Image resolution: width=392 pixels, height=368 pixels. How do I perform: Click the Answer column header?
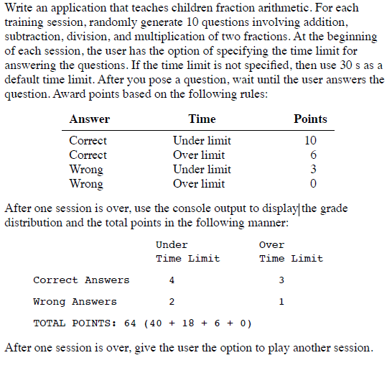click(x=89, y=119)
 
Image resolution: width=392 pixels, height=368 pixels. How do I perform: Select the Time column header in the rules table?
click(x=202, y=119)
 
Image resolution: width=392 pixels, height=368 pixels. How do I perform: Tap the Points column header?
click(x=310, y=119)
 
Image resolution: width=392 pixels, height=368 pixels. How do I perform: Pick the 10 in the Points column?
click(x=311, y=141)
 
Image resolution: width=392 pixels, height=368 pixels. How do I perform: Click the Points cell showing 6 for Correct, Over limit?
click(x=311, y=155)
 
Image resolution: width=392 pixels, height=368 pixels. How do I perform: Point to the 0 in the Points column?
click(x=311, y=184)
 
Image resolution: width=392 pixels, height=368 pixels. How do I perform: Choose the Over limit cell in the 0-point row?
click(x=199, y=184)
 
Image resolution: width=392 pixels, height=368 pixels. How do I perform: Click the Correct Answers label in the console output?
click(x=81, y=280)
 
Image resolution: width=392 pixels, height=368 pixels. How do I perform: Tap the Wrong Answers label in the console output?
click(x=75, y=302)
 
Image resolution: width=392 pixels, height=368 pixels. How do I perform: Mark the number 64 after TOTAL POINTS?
click(x=131, y=323)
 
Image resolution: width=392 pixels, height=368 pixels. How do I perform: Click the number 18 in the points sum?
click(x=189, y=323)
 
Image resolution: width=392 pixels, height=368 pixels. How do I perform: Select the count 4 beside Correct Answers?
click(x=171, y=280)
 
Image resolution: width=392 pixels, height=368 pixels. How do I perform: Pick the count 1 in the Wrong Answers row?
click(x=281, y=302)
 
